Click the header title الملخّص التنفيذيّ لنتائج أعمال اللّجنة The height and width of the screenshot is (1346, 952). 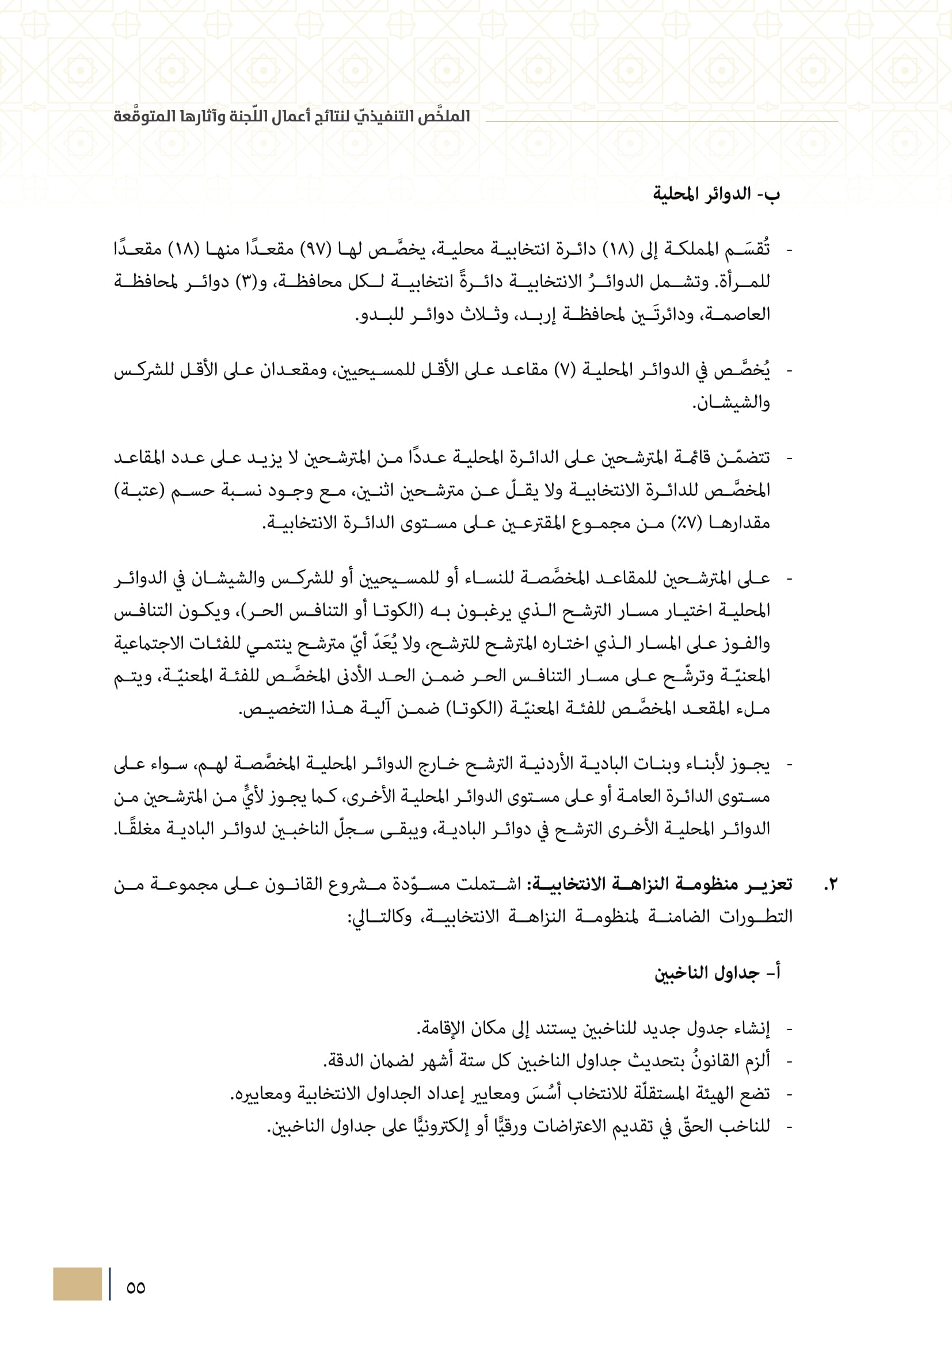tap(292, 116)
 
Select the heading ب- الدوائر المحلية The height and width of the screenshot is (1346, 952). tap(717, 195)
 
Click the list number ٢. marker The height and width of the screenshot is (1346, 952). tap(830, 884)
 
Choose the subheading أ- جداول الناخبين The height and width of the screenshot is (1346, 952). tap(717, 974)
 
